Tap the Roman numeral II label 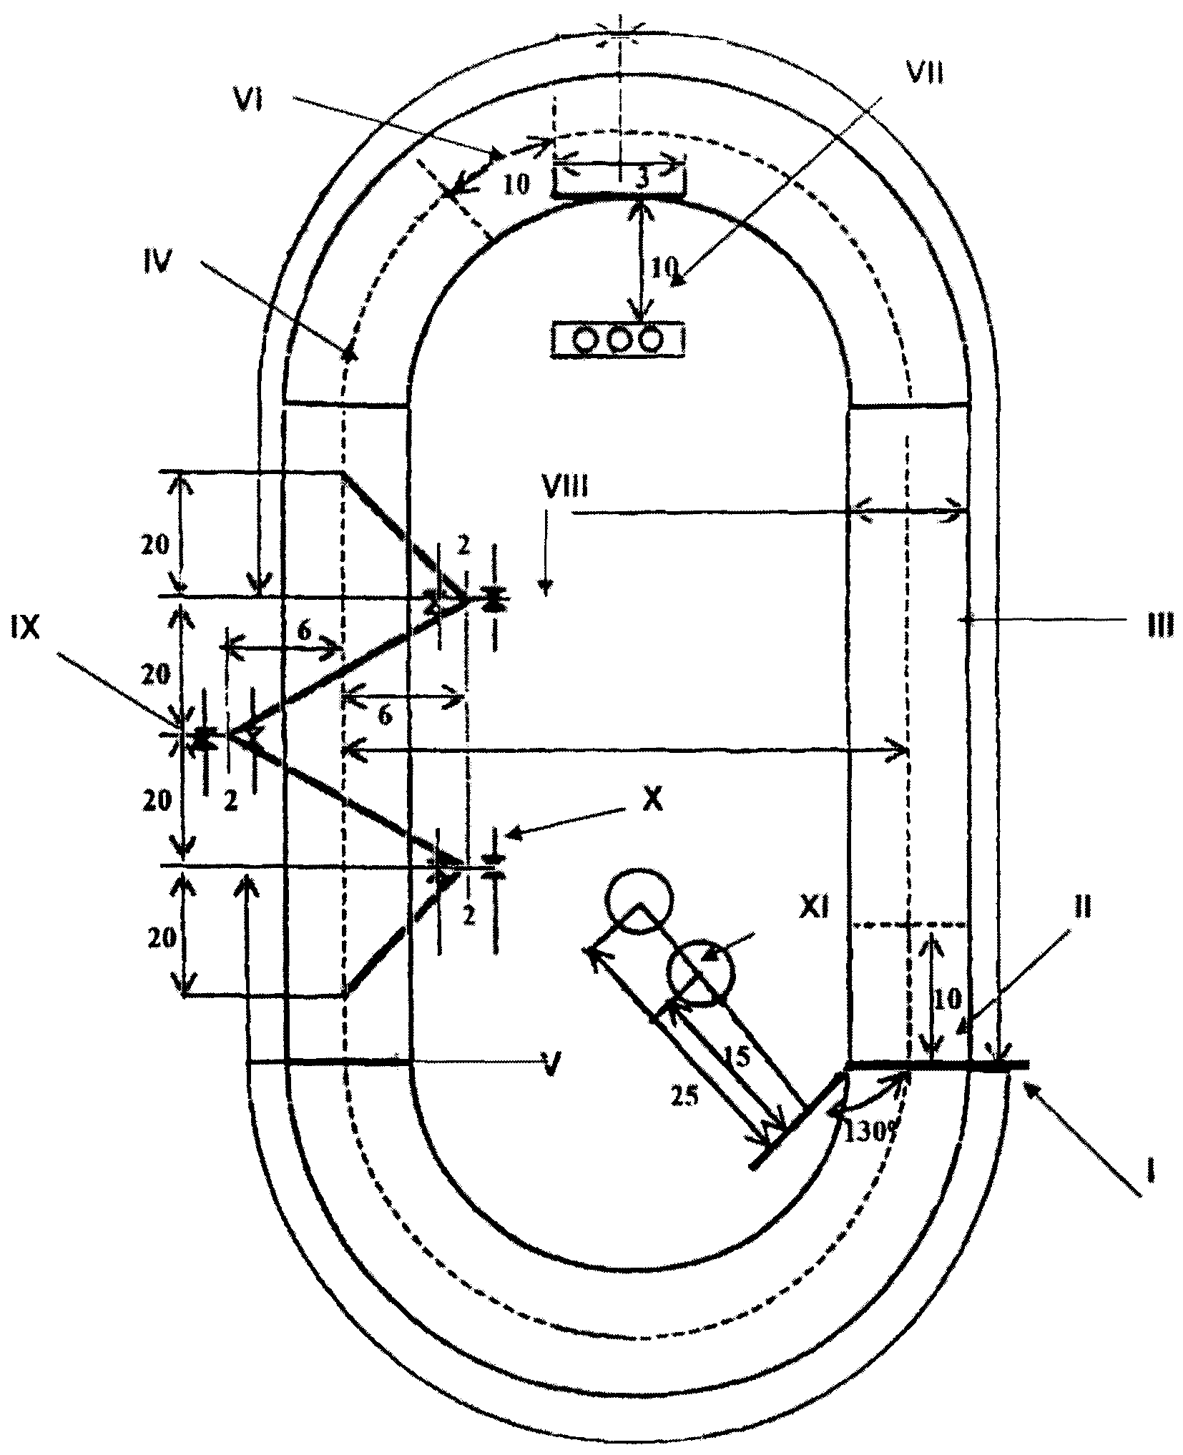pyautogui.click(x=1084, y=909)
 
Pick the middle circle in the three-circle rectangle pyautogui.click(x=618, y=339)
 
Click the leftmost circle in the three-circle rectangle pyautogui.click(x=586, y=339)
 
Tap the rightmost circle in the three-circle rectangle pyautogui.click(x=650, y=339)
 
